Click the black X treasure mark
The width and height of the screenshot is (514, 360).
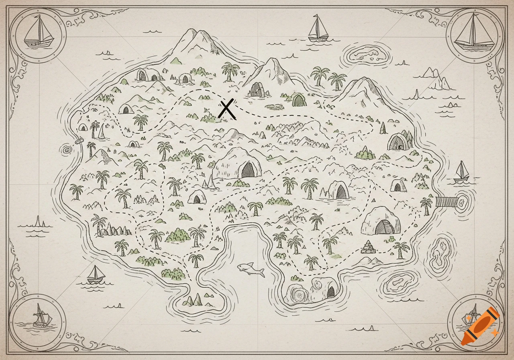227,110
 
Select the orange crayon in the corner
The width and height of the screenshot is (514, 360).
480,325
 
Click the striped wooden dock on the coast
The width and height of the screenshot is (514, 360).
447,202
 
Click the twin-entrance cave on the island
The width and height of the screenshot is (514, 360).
147,75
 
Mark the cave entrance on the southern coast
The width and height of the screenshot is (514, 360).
330,291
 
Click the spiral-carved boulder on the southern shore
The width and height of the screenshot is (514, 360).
299,295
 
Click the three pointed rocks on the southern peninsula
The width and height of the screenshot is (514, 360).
192,300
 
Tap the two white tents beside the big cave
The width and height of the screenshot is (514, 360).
209,183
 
